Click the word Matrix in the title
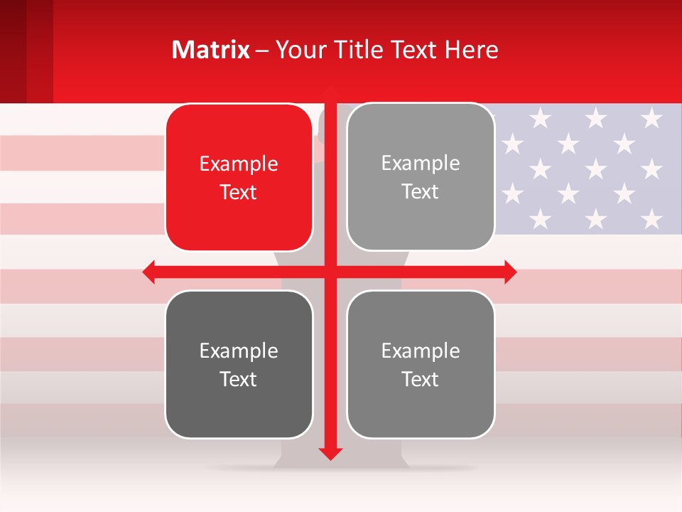click(x=211, y=50)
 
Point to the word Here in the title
click(x=471, y=50)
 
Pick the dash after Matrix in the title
click(x=262, y=50)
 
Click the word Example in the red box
click(x=239, y=164)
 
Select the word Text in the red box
click(x=239, y=193)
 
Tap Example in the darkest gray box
click(x=239, y=351)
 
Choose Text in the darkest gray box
click(x=239, y=379)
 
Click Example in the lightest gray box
click(x=421, y=164)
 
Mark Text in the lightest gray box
click(x=421, y=192)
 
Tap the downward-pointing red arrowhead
click(x=330, y=453)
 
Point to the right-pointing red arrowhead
click(x=510, y=272)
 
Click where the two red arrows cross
click(x=330, y=272)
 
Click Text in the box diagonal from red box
click(x=421, y=379)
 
